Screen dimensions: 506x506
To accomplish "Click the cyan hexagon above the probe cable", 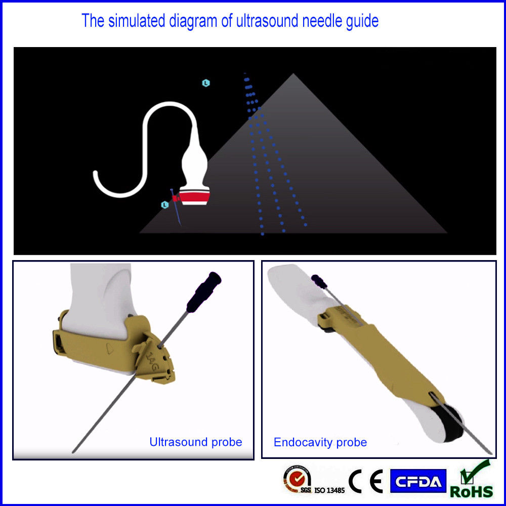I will click(x=206, y=83).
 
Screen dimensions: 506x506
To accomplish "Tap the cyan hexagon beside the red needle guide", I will click(x=164, y=205).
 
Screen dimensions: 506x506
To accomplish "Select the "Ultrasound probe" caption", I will click(x=196, y=442).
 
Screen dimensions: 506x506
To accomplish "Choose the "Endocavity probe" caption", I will click(x=320, y=442).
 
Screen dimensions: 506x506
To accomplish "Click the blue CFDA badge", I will click(x=418, y=481).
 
